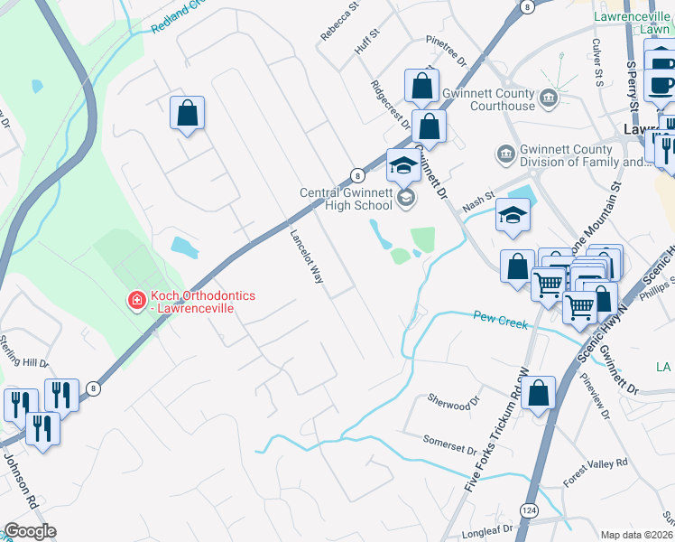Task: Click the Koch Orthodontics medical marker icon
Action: tap(136, 300)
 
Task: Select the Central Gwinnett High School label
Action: tap(347, 199)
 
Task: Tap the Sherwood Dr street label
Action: tap(448, 402)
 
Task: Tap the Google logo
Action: tap(31, 531)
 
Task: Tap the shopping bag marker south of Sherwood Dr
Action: tap(538, 394)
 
